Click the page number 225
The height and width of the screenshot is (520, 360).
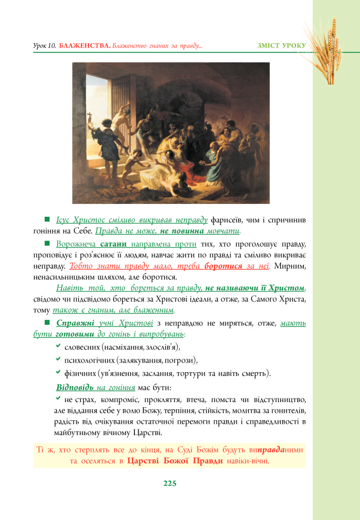169,483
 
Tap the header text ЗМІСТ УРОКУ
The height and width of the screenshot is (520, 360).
281,46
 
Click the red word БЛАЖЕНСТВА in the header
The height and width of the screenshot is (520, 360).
85,46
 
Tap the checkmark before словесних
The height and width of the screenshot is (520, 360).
58,346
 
